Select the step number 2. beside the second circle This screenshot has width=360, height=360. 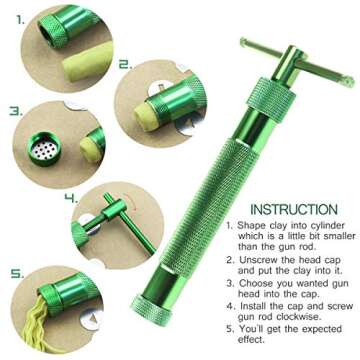click(124, 64)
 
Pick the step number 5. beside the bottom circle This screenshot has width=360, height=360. click(15, 272)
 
